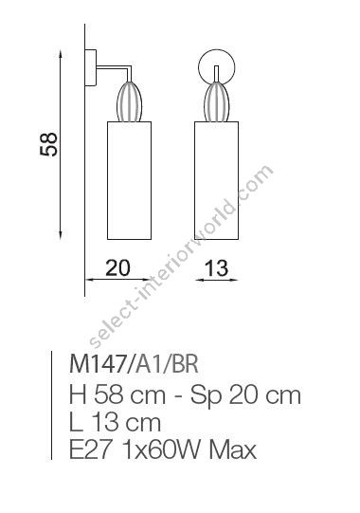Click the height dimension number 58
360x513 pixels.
[x=51, y=143]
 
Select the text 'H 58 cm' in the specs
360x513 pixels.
[x=109, y=393]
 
